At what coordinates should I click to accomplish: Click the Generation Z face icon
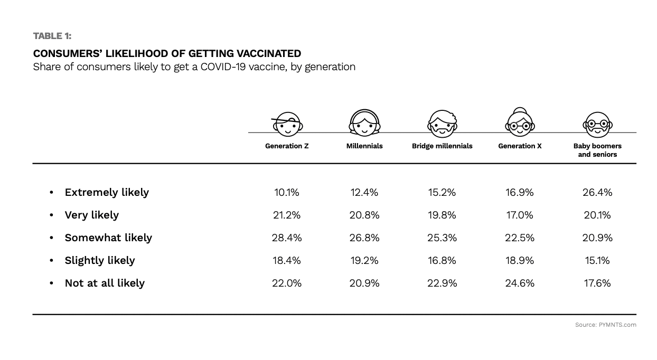pyautogui.click(x=287, y=124)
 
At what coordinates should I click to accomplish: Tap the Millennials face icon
pyautogui.click(x=364, y=123)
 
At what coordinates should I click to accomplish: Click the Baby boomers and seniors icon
pyautogui.click(x=597, y=125)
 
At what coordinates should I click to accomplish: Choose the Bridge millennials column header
pyautogui.click(x=442, y=146)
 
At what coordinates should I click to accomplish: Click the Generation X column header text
pyautogui.click(x=520, y=146)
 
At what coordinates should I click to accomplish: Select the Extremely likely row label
pyautogui.click(x=107, y=192)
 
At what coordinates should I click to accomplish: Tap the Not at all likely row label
pyautogui.click(x=105, y=283)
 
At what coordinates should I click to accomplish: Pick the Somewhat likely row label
pyautogui.click(x=108, y=238)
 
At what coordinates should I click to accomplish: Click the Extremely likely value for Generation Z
pyautogui.click(x=287, y=192)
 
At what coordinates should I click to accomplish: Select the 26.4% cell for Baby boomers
pyautogui.click(x=597, y=192)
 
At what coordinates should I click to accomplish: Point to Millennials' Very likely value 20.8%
pyautogui.click(x=364, y=215)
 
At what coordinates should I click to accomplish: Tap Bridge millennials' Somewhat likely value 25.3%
pyautogui.click(x=442, y=238)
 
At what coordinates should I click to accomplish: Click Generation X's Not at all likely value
pyautogui.click(x=520, y=283)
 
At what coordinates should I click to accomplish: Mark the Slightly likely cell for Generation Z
pyautogui.click(x=287, y=260)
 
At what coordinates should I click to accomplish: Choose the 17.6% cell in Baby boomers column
pyautogui.click(x=597, y=283)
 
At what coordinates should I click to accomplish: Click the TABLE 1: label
pyautogui.click(x=52, y=36)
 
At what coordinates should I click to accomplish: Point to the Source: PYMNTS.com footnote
pyautogui.click(x=605, y=325)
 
